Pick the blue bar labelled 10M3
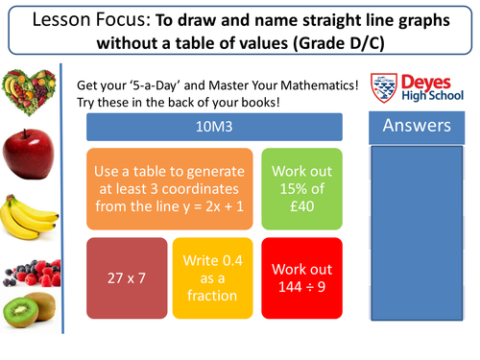[x=214, y=128]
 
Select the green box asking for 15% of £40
[x=301, y=187]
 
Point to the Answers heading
[x=416, y=126]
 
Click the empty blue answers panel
[x=416, y=240]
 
